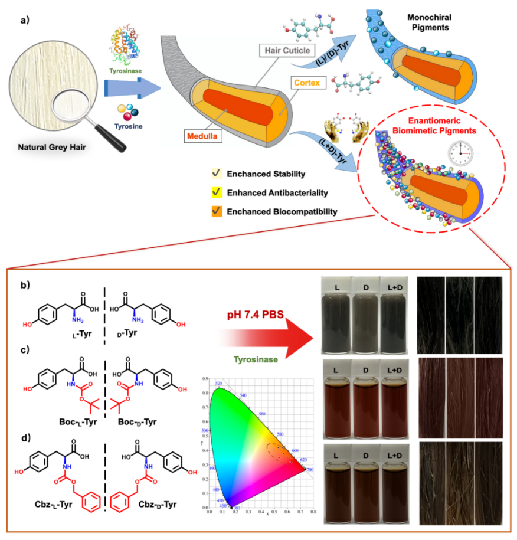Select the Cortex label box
pos(306,83)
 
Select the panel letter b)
pos(24,286)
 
